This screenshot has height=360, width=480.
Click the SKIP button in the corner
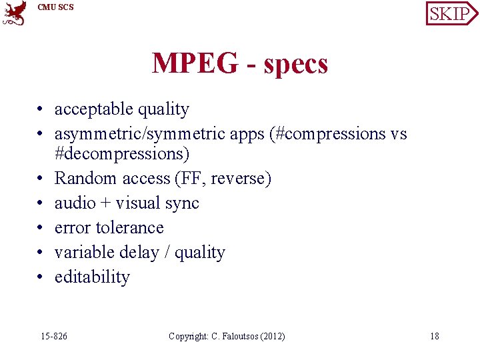451,13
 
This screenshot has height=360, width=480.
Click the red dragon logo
14,13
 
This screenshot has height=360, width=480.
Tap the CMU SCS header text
55,7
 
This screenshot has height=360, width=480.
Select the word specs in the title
296,65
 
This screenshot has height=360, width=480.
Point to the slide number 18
434,336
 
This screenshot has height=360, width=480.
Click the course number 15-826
54,336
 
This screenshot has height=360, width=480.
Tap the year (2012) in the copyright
271,336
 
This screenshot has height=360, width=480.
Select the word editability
92,277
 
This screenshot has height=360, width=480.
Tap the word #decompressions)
122,154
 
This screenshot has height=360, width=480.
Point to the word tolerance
129,227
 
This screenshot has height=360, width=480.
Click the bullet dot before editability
41,277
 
